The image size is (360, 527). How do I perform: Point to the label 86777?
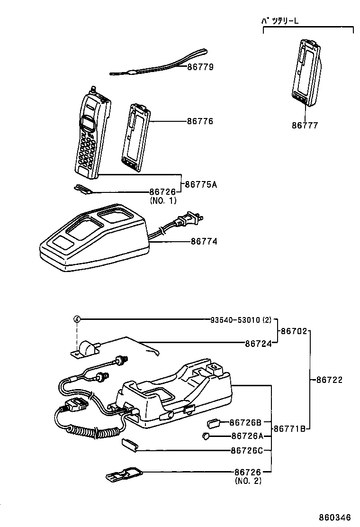coord(305,126)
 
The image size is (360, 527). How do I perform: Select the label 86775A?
coord(200,184)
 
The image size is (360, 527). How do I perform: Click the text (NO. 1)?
coord(163,200)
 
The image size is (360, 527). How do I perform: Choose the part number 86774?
coord(204,241)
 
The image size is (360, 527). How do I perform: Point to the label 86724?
coord(258,344)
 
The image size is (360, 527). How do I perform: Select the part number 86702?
coord(294,331)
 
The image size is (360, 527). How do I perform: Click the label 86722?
coord(329,380)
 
